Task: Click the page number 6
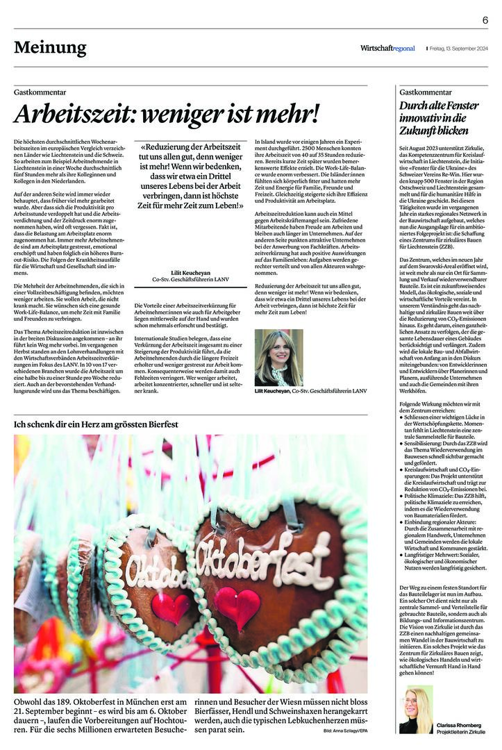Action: [x=485, y=20]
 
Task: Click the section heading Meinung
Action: [x=50, y=47]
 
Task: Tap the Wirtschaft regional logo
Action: [x=387, y=48]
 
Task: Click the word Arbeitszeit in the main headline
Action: [x=76, y=113]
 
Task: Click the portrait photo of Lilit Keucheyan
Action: [x=278, y=357]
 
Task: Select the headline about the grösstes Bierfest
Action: [x=97, y=423]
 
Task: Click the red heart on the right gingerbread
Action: [x=237, y=606]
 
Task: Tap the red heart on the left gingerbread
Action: [x=170, y=606]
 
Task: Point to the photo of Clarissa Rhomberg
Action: [x=415, y=709]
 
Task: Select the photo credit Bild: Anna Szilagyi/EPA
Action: [x=345, y=732]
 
